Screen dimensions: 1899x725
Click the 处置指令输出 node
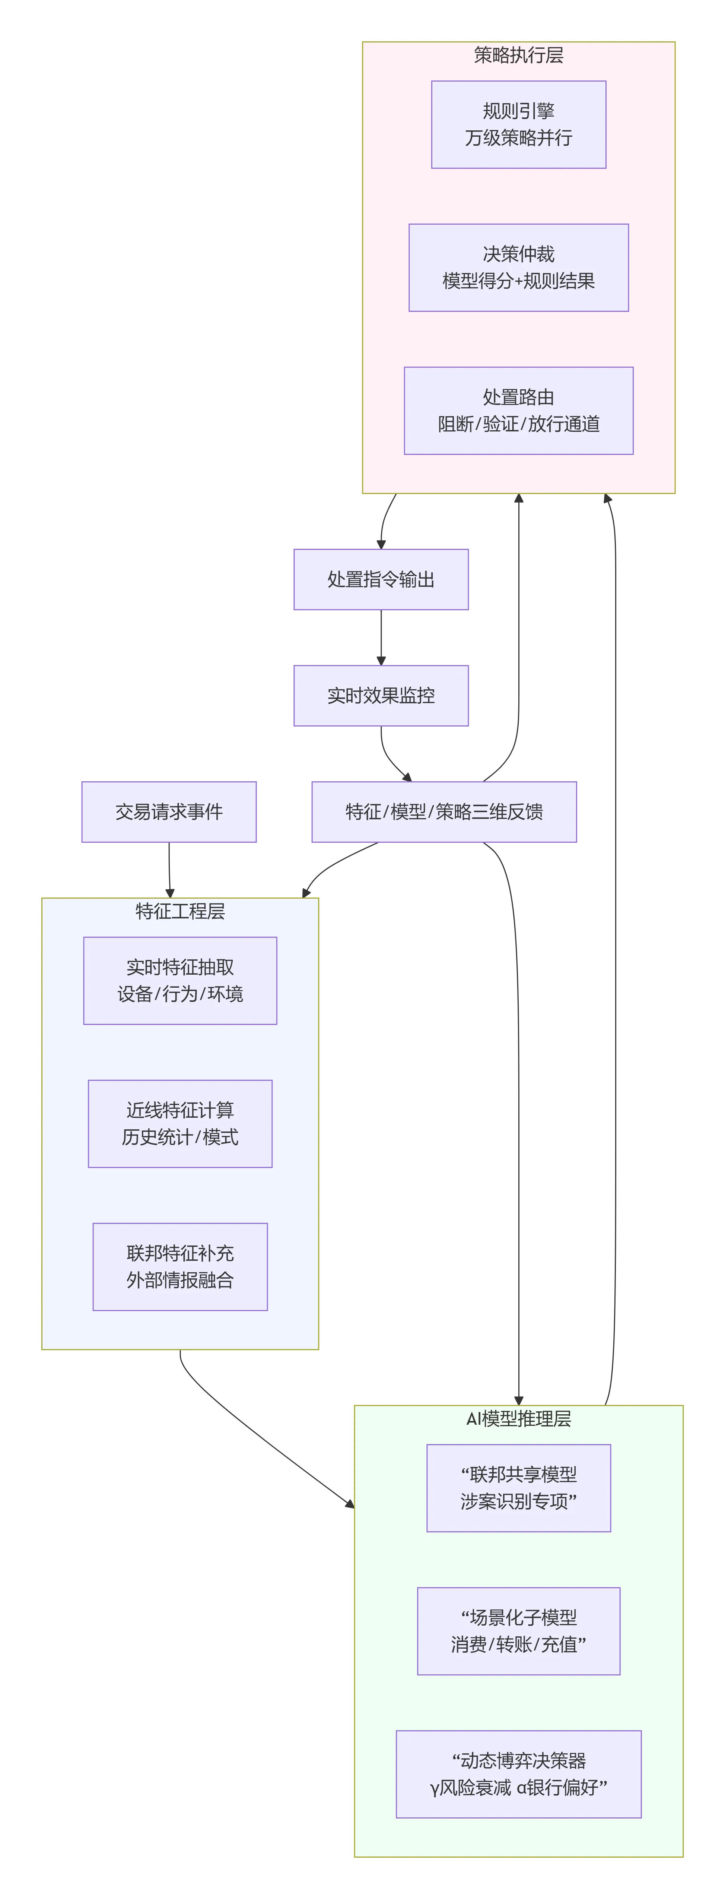pos(381,579)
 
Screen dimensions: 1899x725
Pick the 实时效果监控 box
pos(381,696)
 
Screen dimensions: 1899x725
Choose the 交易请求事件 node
pos(169,811)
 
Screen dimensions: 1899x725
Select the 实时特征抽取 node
pos(180,981)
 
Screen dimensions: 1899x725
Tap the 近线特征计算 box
pos(180,1123)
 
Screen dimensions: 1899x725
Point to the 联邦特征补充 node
pos(180,1266)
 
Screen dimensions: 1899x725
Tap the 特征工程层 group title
pos(180,911)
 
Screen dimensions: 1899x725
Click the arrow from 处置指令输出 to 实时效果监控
pos(381,638)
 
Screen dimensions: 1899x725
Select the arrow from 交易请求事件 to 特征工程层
pos(169,870)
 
